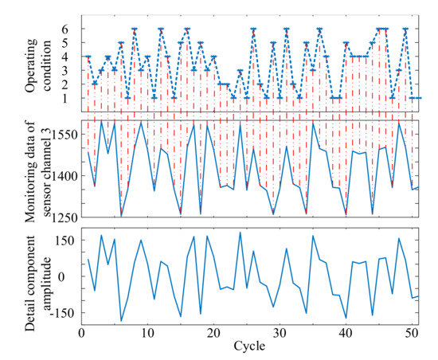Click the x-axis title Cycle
pos(249,347)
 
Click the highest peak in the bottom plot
pos(241,233)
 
